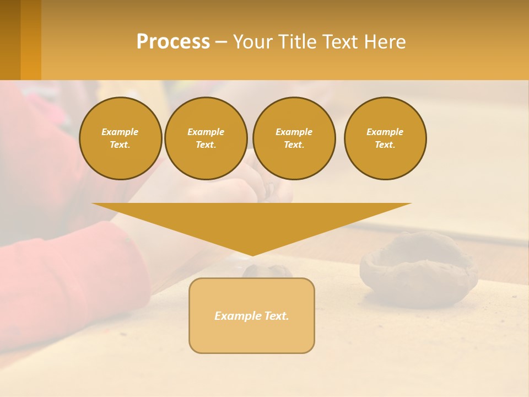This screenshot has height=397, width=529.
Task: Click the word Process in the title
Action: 173,42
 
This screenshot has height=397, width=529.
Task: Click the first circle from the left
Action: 120,138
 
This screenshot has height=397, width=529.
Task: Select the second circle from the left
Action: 206,138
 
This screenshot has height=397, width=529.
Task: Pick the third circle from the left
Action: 294,138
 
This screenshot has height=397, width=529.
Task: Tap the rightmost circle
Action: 385,138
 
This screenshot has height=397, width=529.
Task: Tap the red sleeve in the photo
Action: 66,276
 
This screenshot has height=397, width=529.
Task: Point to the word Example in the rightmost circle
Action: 385,132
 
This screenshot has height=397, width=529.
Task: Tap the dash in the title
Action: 220,42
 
